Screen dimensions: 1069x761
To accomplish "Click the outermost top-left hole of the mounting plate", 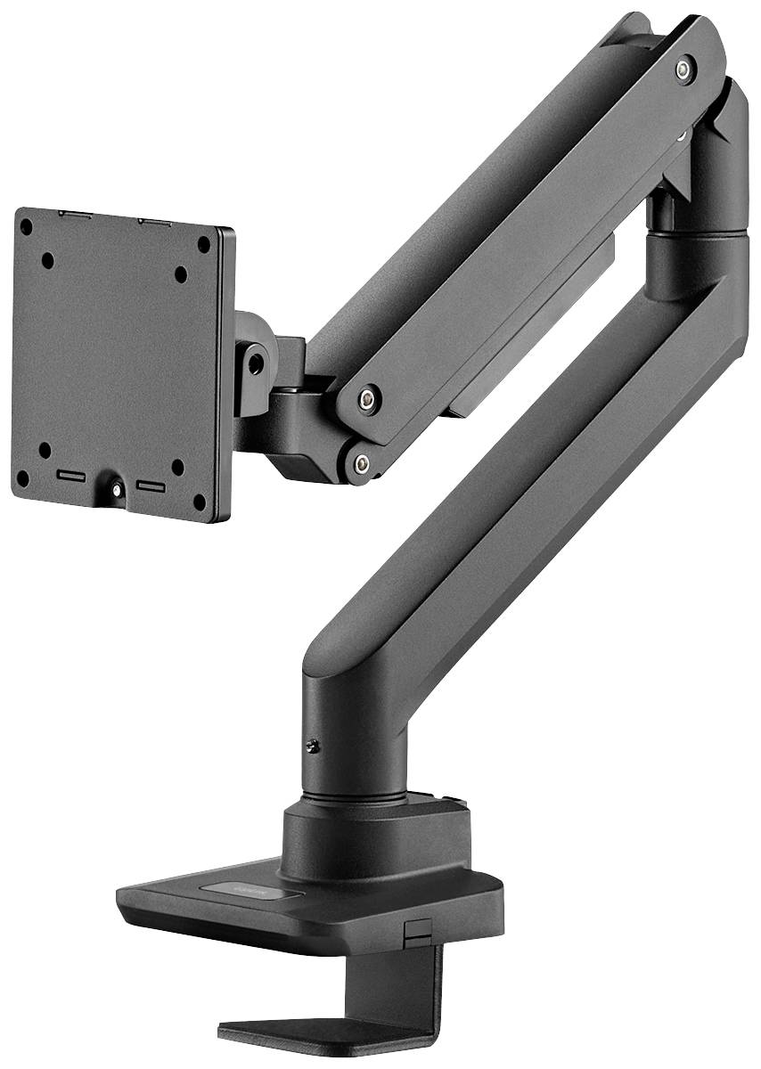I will [26, 226].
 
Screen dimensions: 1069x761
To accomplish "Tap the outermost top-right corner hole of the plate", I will [203, 243].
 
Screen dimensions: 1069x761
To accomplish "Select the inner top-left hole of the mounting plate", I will [48, 259].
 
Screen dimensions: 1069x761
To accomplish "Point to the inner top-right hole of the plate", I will [180, 273].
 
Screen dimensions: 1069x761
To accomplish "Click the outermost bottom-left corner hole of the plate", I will [23, 478].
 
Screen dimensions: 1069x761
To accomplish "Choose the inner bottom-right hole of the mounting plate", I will [177, 466].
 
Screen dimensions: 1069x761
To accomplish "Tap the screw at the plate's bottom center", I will [118, 488].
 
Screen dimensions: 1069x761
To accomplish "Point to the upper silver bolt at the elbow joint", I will [365, 399].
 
